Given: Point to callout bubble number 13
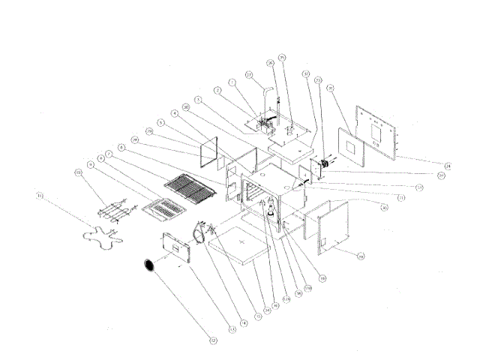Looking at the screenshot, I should (x=232, y=328).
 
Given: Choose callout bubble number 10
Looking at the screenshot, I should (x=77, y=172).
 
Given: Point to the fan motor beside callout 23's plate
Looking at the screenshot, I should (x=327, y=166).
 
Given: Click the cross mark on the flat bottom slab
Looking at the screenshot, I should (x=240, y=244).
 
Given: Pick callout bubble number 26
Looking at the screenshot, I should (x=270, y=64).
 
